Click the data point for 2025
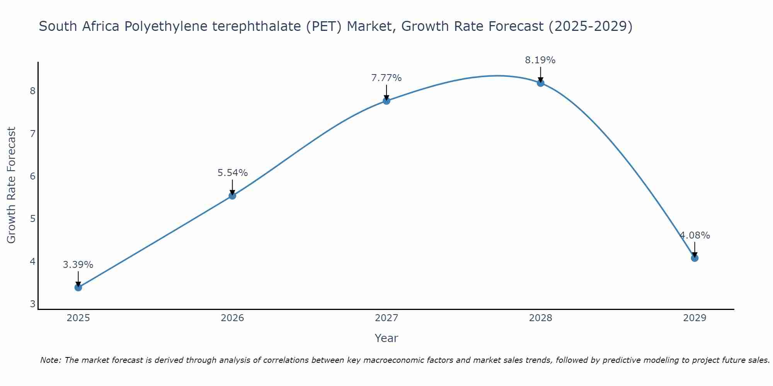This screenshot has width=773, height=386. [78, 287]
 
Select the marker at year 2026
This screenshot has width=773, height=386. [232, 196]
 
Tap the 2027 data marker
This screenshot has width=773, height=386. [386, 101]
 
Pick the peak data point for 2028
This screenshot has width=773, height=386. [540, 83]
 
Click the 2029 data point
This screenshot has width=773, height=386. [695, 258]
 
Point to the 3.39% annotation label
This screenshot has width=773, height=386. [78, 265]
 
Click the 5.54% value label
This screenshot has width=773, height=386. [232, 173]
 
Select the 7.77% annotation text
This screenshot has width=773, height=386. [386, 78]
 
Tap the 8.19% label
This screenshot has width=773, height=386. [540, 60]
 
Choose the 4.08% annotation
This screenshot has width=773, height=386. [695, 235]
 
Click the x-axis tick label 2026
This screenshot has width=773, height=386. [232, 318]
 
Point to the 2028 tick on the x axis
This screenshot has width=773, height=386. [540, 318]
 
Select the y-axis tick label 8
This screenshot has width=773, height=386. [32, 91]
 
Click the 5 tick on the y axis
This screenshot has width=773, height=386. [32, 219]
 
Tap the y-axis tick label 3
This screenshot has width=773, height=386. [32, 304]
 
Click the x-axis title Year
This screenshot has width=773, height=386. [386, 338]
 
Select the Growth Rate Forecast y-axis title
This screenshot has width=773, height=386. [12, 185]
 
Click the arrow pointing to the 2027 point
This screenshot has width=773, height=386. [386, 93]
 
